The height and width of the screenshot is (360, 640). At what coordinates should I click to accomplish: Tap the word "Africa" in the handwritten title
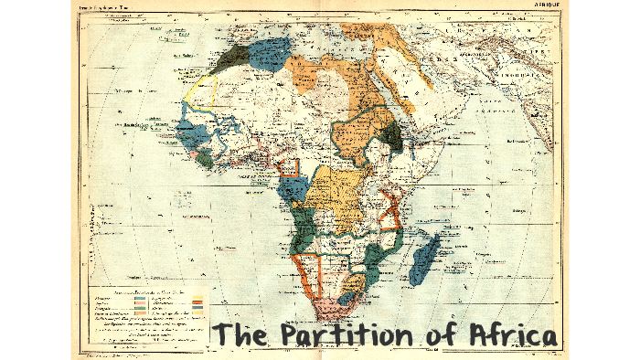pos(507,335)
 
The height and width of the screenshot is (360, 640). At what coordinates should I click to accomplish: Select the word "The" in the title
pos(241,335)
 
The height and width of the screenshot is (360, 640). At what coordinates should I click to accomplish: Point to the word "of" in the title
pos(439,335)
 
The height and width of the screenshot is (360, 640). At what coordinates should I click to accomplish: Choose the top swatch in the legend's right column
pos(198,296)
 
